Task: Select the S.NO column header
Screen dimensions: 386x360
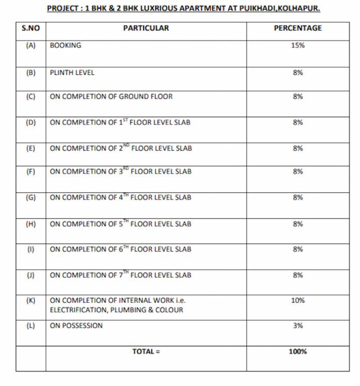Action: tap(31, 28)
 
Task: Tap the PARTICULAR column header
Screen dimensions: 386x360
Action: tap(146, 28)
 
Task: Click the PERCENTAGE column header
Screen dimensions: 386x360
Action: tap(298, 28)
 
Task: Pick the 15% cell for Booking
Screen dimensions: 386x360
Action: tap(298, 45)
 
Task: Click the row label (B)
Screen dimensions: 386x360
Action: tap(31, 72)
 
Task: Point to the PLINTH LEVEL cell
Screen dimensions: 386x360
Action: tap(72, 72)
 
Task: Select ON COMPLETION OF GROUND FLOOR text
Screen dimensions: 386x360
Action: tap(111, 96)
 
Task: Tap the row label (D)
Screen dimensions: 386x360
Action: tap(31, 122)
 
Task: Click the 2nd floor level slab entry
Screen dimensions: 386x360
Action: tap(121, 148)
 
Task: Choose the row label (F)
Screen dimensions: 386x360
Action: tap(31, 171)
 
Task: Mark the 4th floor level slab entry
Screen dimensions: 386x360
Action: tap(121, 198)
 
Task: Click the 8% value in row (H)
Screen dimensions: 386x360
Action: tap(298, 224)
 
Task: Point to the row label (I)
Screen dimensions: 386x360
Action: tap(31, 249)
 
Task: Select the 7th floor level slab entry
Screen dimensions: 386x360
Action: tap(121, 275)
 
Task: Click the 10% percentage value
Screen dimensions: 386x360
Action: tap(298, 301)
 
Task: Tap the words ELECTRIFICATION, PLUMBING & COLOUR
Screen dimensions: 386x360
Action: tap(116, 310)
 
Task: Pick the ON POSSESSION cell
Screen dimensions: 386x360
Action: tap(76, 326)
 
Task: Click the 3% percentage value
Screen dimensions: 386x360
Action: tap(298, 326)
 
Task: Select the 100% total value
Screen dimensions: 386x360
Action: tap(298, 352)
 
